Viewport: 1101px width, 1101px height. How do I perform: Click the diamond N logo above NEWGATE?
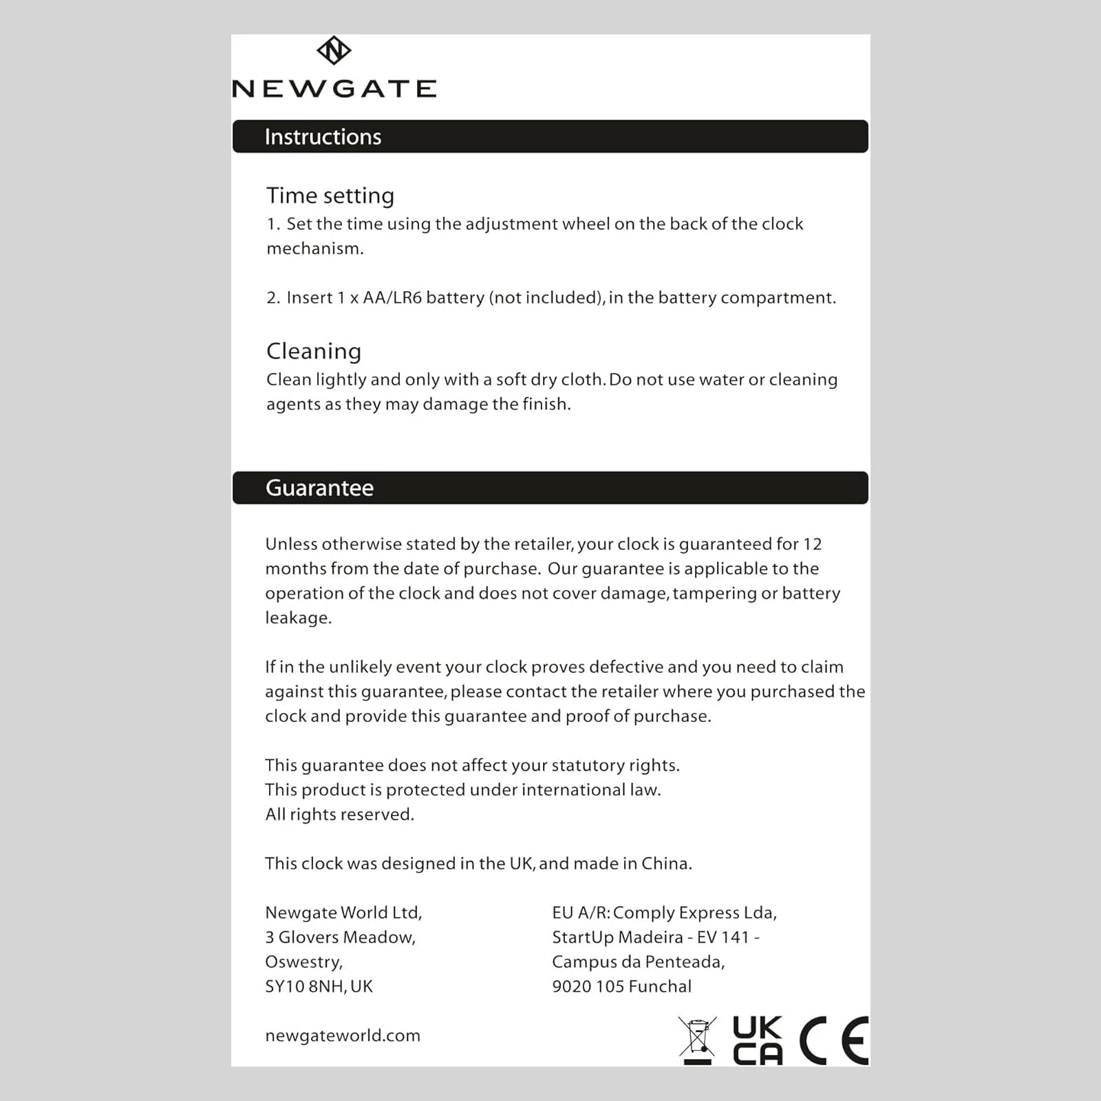pos(334,50)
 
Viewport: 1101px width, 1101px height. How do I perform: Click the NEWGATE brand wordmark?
pos(334,89)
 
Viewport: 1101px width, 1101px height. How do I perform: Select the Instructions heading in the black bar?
pos(323,137)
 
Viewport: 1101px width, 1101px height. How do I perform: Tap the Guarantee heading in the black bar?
pos(319,488)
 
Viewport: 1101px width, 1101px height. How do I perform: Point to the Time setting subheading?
pos(330,196)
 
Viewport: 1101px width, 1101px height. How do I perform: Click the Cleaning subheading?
pos(314,352)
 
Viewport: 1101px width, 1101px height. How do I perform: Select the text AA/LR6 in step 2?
pos(392,298)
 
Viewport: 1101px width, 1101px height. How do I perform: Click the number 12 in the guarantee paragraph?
pos(812,544)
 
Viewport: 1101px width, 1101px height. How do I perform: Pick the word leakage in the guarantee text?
pos(297,618)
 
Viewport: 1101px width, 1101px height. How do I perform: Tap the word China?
pos(665,864)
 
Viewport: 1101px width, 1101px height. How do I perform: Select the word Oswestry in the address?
pos(303,962)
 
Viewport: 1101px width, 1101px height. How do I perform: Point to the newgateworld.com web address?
pos(343,1036)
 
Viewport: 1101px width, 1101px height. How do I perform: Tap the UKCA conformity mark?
pos(758,1040)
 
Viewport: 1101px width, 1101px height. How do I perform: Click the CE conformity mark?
pos(834,1040)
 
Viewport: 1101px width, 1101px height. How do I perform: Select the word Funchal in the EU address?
pos(660,987)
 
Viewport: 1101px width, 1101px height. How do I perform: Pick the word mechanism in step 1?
pos(314,249)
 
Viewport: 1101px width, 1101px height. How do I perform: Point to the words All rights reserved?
pos(340,815)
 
